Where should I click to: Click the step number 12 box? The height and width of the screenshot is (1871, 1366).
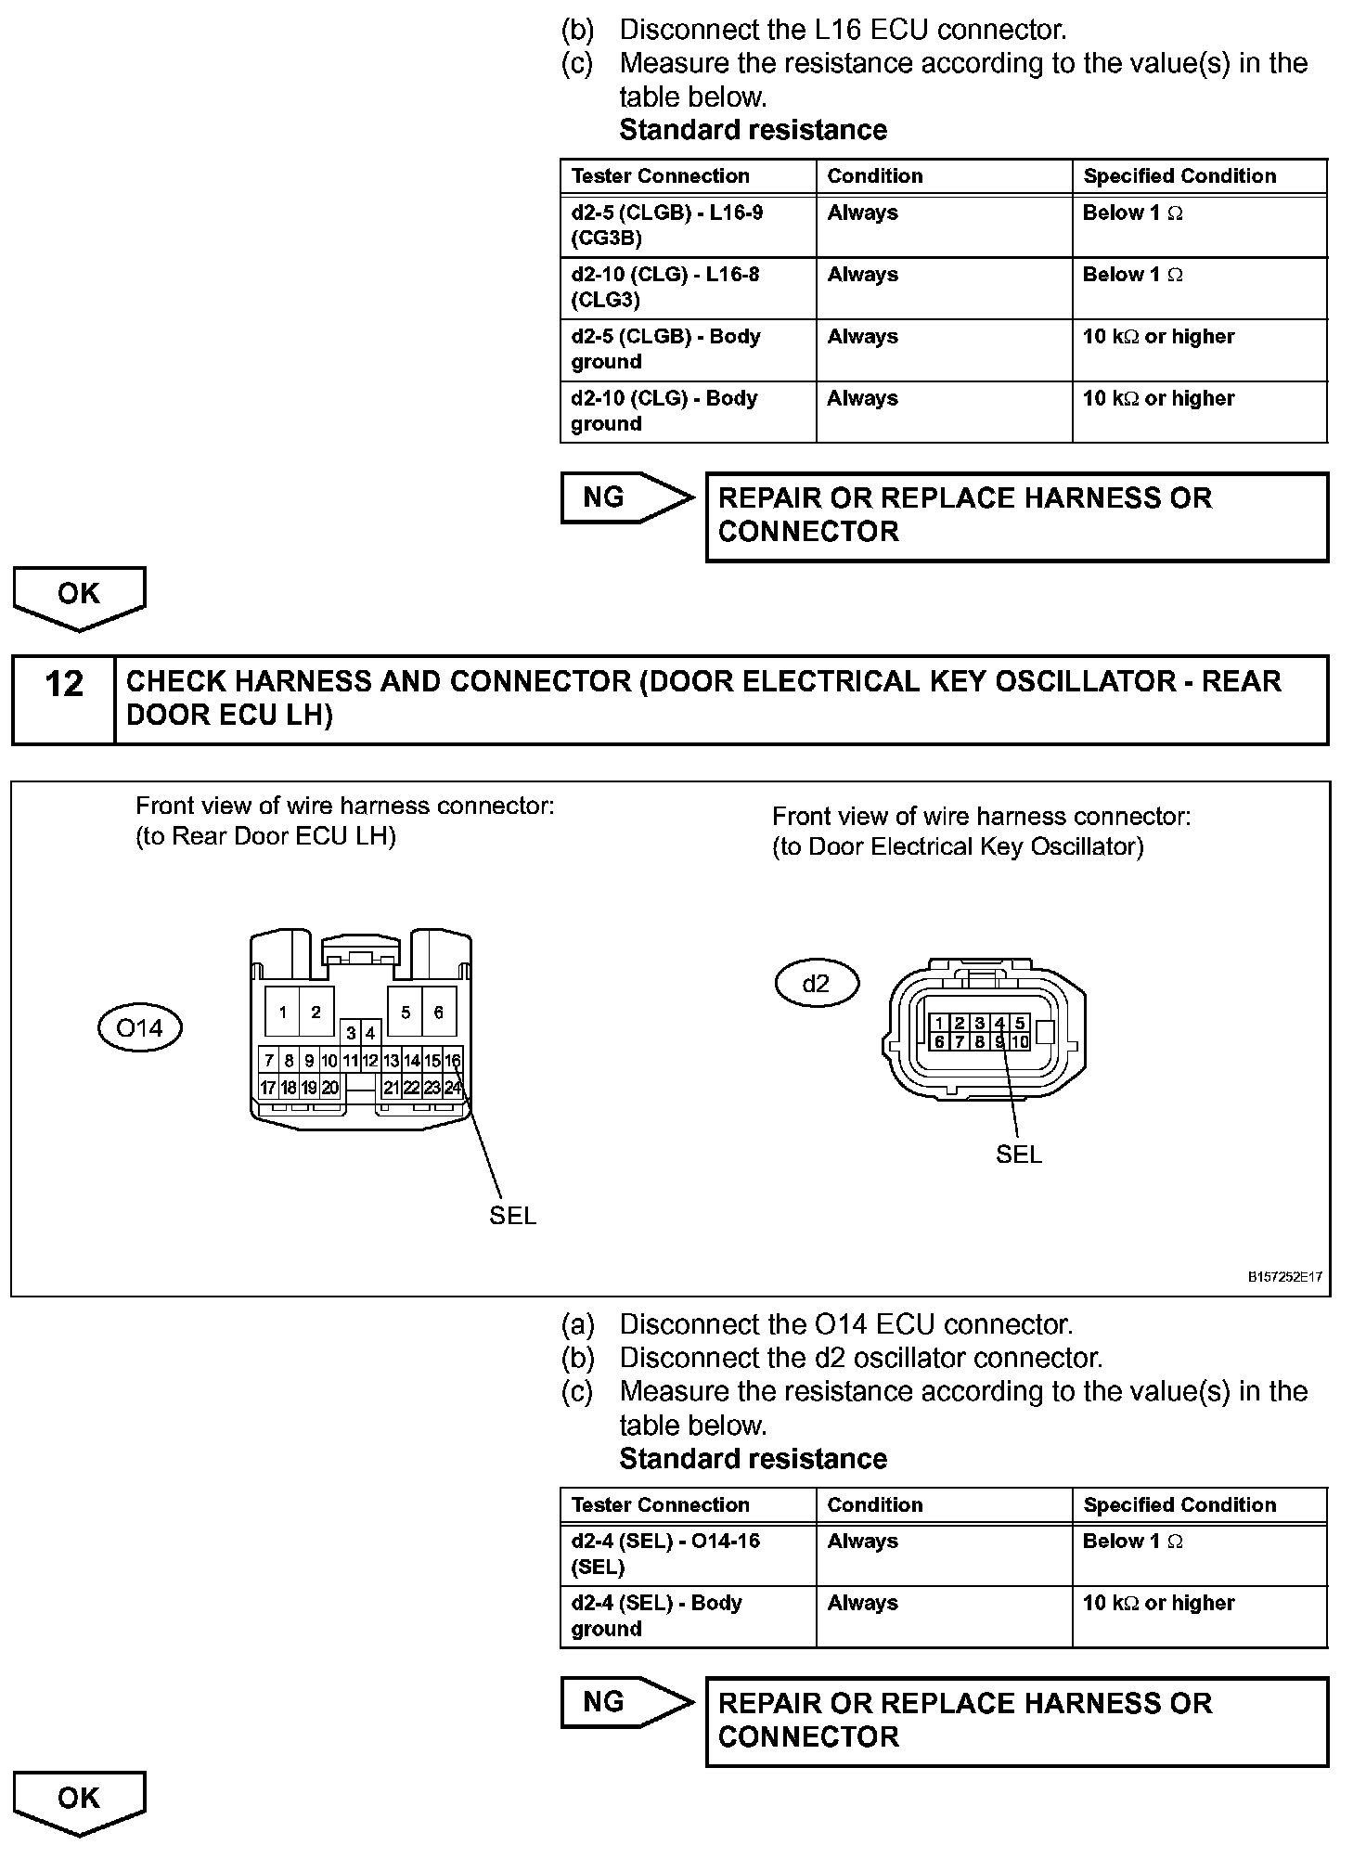point(63,699)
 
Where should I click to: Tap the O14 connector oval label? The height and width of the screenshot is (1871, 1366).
point(139,1027)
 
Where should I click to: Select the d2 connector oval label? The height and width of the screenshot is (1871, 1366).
point(816,983)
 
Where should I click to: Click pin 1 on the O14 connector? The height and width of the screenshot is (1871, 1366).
point(282,1012)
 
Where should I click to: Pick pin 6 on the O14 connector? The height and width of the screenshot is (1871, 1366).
point(439,1012)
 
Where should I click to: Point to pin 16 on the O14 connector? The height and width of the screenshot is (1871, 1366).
point(453,1061)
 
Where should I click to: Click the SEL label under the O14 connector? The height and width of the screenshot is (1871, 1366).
point(512,1215)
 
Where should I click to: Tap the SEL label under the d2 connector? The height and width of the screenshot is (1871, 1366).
point(1018,1154)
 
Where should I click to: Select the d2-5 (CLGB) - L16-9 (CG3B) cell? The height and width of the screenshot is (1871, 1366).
point(688,226)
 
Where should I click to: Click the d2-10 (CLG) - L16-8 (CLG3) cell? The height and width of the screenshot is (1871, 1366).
point(688,288)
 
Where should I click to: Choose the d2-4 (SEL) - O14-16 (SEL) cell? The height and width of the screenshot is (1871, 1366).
point(688,1554)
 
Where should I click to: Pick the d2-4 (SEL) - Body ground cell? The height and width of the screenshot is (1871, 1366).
point(688,1616)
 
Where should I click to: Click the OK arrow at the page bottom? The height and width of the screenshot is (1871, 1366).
point(79,1801)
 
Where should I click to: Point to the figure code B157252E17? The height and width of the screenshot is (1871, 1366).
point(1284,1276)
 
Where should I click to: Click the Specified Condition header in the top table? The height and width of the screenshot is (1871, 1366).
point(1179,176)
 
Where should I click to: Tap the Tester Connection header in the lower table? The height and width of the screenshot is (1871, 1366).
point(660,1504)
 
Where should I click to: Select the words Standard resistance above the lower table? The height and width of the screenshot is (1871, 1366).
point(753,1458)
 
